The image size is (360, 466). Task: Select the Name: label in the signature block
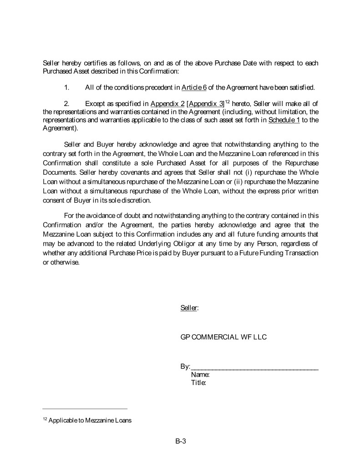[200, 375]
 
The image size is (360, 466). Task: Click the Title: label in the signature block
[199, 383]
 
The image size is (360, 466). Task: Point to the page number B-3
[181, 441]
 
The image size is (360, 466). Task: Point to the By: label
[185, 367]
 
